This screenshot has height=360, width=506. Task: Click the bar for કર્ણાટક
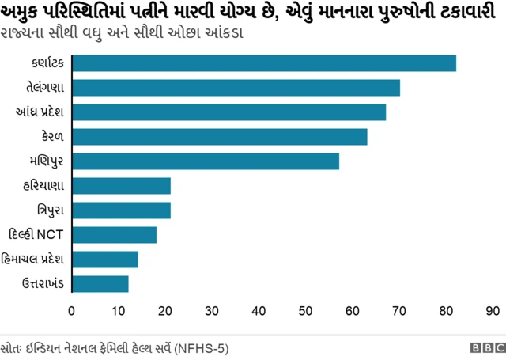point(264,63)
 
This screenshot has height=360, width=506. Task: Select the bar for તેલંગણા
point(236,88)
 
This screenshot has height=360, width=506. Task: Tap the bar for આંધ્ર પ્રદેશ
point(229,112)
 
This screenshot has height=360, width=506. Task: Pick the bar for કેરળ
point(220,137)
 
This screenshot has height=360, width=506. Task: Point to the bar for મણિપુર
point(206,161)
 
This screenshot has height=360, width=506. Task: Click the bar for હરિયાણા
point(121,186)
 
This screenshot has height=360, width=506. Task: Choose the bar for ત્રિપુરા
point(121,210)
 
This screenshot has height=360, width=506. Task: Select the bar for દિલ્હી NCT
point(114,235)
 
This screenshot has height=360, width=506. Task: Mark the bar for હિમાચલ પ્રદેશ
point(105,260)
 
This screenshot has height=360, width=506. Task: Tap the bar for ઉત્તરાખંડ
point(100,284)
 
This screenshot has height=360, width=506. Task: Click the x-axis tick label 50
point(306,310)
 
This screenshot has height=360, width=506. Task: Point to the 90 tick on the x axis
point(493,310)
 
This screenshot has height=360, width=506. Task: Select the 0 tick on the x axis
point(72,310)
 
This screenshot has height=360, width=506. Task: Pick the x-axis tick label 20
point(165,310)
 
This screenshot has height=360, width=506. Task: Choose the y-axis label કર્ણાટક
point(46,63)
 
